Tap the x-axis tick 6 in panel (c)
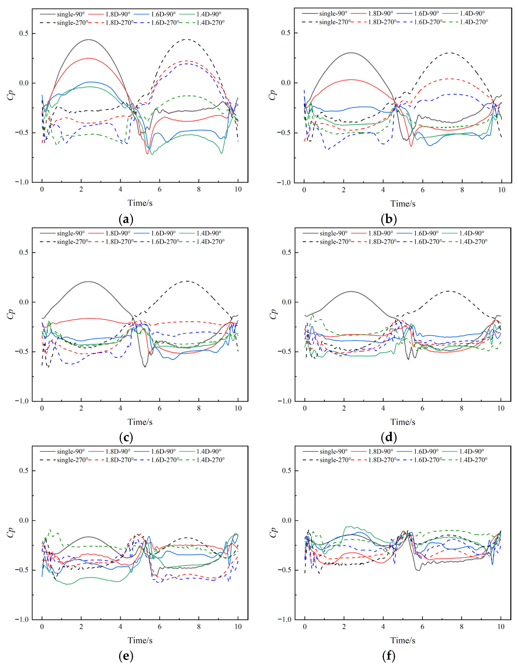[159, 408]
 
